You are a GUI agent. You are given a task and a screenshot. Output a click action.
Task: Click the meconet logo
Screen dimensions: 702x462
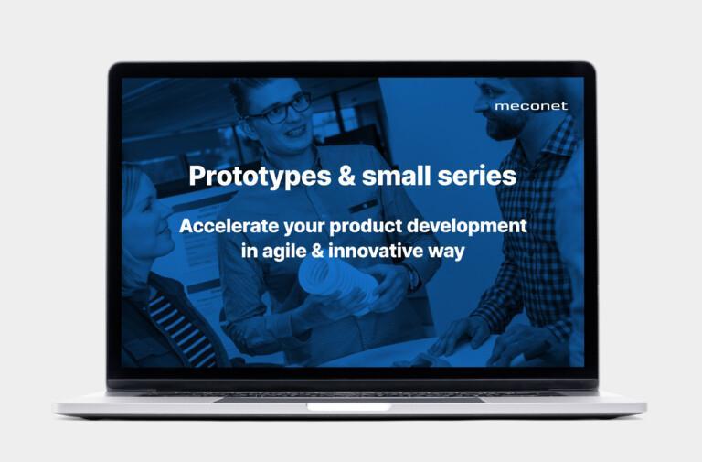point(531,106)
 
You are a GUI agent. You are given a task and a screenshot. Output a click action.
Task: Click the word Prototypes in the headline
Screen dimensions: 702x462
point(260,176)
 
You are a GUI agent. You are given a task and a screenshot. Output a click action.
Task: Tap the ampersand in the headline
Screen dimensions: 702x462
point(346,176)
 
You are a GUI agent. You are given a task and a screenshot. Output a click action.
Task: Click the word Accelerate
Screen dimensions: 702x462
point(229,226)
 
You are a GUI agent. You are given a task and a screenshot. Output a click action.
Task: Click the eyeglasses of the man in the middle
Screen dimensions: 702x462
point(281,110)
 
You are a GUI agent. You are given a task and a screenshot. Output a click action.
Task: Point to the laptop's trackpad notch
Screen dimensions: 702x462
point(349,407)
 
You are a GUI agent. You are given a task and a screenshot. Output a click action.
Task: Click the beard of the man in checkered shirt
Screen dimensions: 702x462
point(502,124)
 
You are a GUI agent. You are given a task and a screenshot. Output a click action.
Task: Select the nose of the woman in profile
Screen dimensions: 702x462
point(166,211)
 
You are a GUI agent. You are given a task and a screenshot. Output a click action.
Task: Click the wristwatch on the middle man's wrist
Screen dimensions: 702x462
point(412,276)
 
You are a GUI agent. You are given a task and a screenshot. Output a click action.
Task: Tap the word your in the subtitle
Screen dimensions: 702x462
point(304,228)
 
